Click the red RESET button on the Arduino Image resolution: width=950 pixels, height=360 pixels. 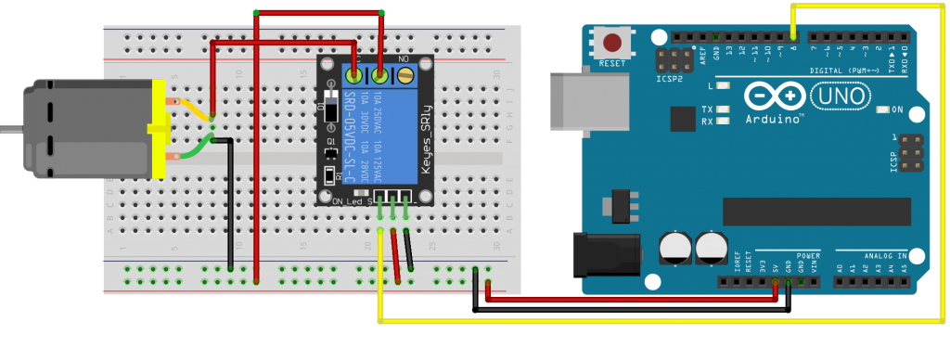coord(612,44)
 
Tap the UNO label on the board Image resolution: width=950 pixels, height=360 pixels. coord(841,96)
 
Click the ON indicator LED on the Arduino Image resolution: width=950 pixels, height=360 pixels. coord(882,109)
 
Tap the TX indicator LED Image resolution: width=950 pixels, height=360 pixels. coord(721,109)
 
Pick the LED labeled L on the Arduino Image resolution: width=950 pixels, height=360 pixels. coord(721,85)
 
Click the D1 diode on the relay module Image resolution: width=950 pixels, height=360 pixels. coord(330,109)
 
